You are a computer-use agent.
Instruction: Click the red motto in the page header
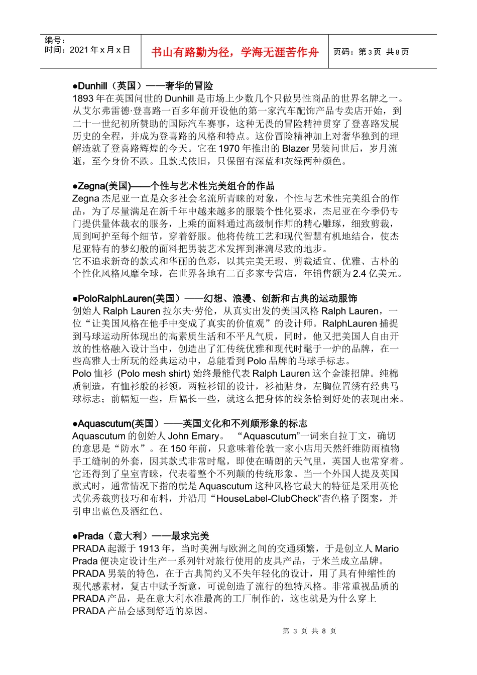234,52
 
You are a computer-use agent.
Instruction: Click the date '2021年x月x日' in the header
100,50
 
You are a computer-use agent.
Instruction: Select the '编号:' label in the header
55,40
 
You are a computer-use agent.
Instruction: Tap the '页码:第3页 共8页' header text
371,52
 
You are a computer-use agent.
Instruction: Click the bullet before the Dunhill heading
75,86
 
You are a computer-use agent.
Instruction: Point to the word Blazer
296,148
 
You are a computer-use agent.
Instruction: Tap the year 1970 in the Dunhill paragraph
229,148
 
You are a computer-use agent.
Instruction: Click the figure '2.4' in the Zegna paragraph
360,273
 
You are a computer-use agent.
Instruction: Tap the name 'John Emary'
193,436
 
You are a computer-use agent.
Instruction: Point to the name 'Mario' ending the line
387,548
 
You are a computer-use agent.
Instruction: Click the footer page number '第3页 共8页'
309,631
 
